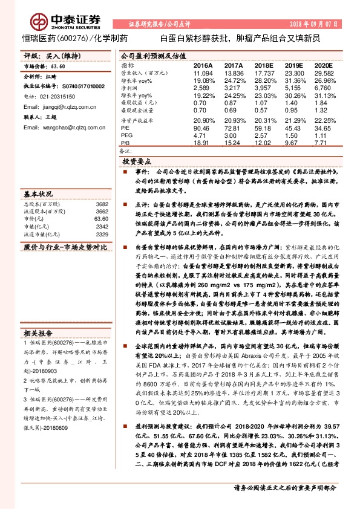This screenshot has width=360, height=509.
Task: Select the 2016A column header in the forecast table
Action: pyautogui.click(x=203, y=65)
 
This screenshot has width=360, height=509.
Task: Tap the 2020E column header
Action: pyautogui.click(x=324, y=65)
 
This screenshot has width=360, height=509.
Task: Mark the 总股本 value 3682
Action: pyautogui.click(x=102, y=205)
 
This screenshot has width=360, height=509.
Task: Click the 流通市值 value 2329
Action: pyautogui.click(x=102, y=234)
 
